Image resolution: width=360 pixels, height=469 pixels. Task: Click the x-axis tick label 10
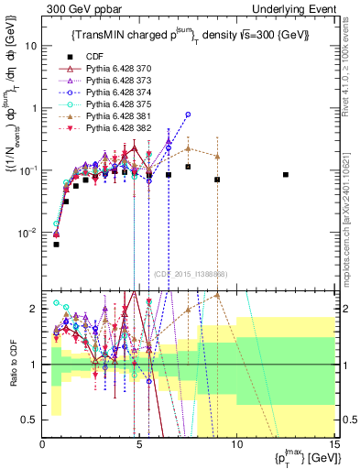tap(236, 443)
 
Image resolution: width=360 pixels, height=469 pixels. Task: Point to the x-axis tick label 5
tap(139, 443)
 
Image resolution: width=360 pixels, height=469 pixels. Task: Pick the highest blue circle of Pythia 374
tap(188, 115)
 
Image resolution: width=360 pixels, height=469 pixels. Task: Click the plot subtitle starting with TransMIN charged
tap(191, 35)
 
